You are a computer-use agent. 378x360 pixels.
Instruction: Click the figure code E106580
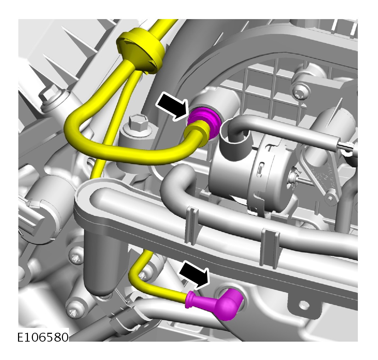coord(43,337)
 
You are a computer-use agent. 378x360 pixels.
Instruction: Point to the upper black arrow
coord(171,106)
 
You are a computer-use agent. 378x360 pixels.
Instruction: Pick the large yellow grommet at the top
coord(140,50)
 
